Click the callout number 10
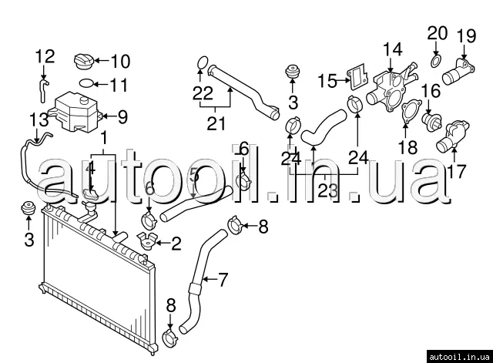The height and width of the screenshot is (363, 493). tap(122, 61)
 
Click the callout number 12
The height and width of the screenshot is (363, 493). tap(45, 56)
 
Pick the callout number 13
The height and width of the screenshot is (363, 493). tap(39, 119)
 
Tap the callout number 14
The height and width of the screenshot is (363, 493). tap(392, 50)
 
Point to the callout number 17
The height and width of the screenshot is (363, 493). tap(457, 170)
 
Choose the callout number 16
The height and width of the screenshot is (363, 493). tap(430, 92)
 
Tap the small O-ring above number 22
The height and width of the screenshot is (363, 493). tap(201, 62)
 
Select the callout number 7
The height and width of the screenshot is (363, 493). tap(223, 280)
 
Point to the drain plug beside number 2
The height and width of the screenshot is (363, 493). tap(146, 243)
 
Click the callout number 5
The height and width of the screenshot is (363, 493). tap(195, 176)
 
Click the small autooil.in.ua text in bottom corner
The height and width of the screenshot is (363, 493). tap(460, 355)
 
